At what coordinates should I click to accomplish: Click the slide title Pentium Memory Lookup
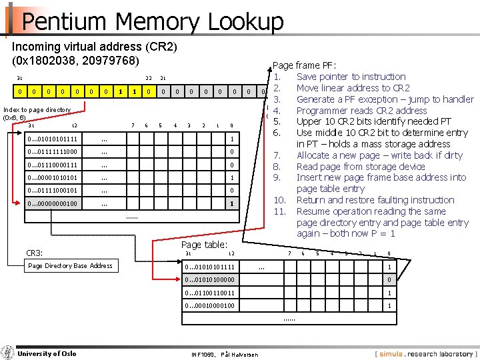coord(152,21)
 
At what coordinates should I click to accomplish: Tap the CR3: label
coord(34,253)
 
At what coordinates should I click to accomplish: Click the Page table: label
coord(204,245)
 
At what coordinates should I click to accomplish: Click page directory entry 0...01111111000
coord(53,152)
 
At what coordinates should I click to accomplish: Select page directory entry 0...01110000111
coord(53,165)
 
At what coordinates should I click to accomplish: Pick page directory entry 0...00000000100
coord(53,203)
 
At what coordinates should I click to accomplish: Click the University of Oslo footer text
coord(47,353)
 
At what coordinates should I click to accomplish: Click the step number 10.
coord(280,200)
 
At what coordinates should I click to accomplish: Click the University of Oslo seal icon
coord(8,352)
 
